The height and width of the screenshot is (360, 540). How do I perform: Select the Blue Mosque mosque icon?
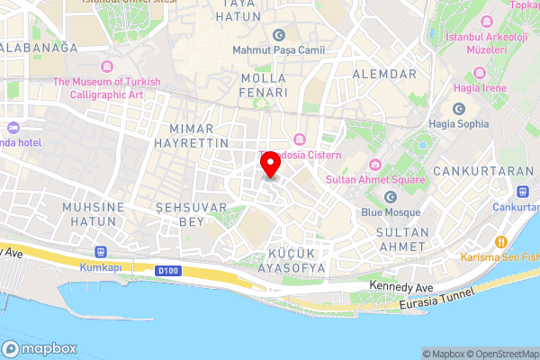pyautogui.click(x=391, y=197)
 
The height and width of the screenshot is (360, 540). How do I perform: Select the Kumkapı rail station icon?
pyautogui.click(x=100, y=252)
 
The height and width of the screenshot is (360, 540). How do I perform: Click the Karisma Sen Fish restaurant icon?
pyautogui.click(x=499, y=241)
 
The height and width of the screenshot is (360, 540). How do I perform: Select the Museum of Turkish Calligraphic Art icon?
pyautogui.click(x=107, y=67)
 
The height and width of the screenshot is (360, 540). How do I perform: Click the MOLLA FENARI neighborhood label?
pyautogui.click(x=265, y=85)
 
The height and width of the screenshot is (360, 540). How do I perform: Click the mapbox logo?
pyautogui.click(x=40, y=348)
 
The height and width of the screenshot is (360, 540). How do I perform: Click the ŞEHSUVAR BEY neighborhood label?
pyautogui.click(x=180, y=214)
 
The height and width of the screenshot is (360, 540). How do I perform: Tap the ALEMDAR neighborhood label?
pyautogui.click(x=384, y=73)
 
